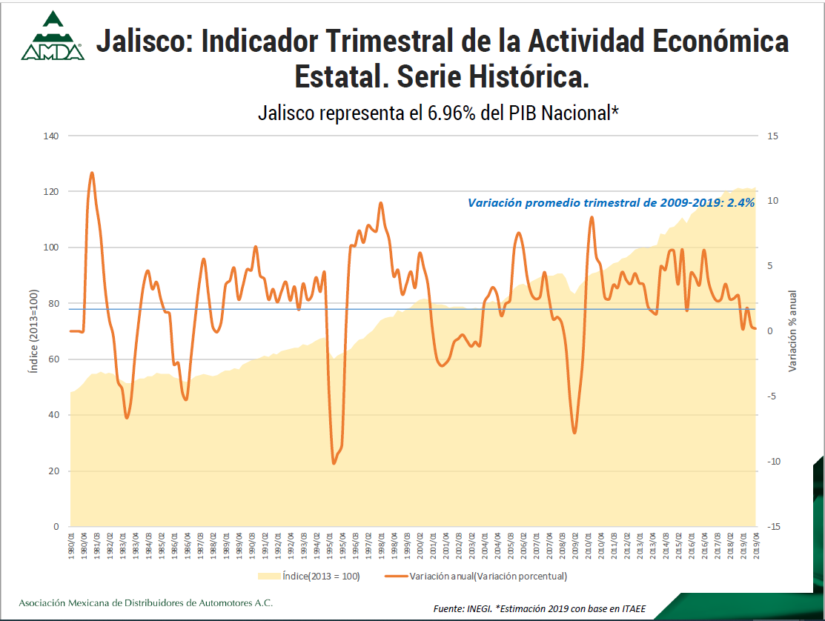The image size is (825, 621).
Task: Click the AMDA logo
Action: tap(51, 36)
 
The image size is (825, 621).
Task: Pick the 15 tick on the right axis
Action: tap(773, 136)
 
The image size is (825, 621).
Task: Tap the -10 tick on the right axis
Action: tap(775, 462)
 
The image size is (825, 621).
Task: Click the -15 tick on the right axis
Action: tap(775, 527)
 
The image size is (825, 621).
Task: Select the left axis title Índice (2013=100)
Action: tap(33, 331)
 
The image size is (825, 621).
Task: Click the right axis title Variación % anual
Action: tap(792, 331)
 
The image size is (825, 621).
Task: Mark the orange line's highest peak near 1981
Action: tap(92, 173)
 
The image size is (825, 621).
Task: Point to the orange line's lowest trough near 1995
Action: tap(334, 463)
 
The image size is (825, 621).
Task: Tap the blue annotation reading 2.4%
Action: tap(744, 202)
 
